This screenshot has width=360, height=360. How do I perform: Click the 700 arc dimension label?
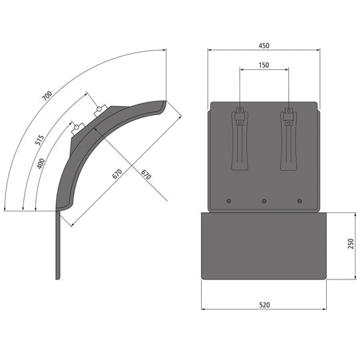click(47, 95)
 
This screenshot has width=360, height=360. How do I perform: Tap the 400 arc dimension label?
click(41, 162)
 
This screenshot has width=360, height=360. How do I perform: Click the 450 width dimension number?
click(264, 45)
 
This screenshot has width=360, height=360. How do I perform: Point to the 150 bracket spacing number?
click(264, 65)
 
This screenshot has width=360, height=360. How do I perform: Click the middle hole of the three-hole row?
click(264, 201)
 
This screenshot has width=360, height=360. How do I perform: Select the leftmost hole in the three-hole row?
click(229, 201)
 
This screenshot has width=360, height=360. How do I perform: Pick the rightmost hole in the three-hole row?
click(299, 201)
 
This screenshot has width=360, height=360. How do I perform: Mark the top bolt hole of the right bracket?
click(288, 109)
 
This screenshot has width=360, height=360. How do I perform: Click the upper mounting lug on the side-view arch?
click(100, 110)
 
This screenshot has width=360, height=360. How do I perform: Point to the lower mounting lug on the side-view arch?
click(78, 126)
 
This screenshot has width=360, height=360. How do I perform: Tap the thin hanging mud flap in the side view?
click(58, 246)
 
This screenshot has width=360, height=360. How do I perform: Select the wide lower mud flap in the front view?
click(264, 246)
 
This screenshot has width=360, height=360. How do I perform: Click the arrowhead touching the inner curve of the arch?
click(96, 129)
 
